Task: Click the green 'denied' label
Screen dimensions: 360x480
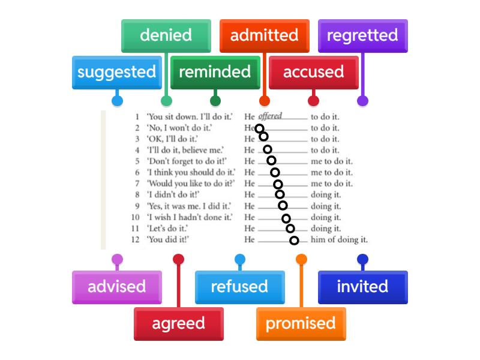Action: [166, 35]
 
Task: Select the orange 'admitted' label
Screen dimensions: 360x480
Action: [264, 35]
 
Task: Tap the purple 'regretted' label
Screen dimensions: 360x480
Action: [362, 35]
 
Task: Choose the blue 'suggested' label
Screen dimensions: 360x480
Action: [116, 72]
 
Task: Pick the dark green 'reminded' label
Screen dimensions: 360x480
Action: [215, 72]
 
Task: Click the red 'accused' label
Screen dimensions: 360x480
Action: [313, 72]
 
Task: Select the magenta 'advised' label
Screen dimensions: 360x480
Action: [116, 287]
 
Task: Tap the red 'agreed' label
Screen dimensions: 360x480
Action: [178, 323]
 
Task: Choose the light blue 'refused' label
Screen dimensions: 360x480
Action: [239, 287]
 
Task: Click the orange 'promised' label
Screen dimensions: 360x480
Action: [301, 323]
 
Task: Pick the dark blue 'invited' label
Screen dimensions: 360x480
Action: [362, 287]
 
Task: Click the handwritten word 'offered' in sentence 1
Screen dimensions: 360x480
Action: [270, 116]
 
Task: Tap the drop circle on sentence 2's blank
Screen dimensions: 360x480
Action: [259, 128]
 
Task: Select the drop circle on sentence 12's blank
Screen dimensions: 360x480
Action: [294, 241]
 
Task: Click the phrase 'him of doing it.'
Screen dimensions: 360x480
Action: [339, 240]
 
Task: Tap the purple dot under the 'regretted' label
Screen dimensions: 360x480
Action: [362, 101]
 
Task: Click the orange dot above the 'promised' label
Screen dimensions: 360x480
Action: [301, 259]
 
